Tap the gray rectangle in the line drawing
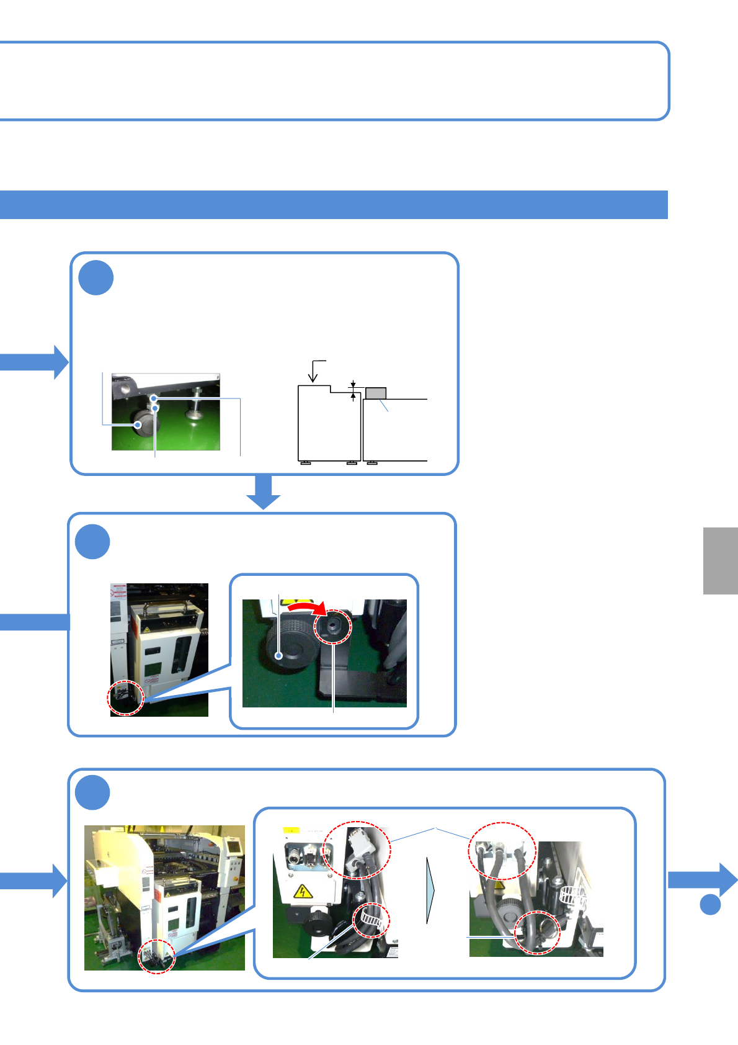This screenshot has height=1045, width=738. [x=376, y=393]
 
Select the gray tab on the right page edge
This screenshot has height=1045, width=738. [x=720, y=561]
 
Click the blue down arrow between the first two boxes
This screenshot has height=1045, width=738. [x=264, y=492]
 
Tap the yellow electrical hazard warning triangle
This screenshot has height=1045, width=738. [x=302, y=892]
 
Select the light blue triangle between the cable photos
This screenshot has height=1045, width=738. [x=430, y=890]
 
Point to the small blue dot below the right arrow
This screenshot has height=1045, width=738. [x=710, y=904]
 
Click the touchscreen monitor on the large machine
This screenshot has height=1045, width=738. [x=233, y=845]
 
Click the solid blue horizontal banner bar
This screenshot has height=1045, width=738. [x=334, y=205]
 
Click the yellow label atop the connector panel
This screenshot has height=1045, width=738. [x=291, y=830]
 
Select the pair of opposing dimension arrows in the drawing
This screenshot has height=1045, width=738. [x=353, y=391]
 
